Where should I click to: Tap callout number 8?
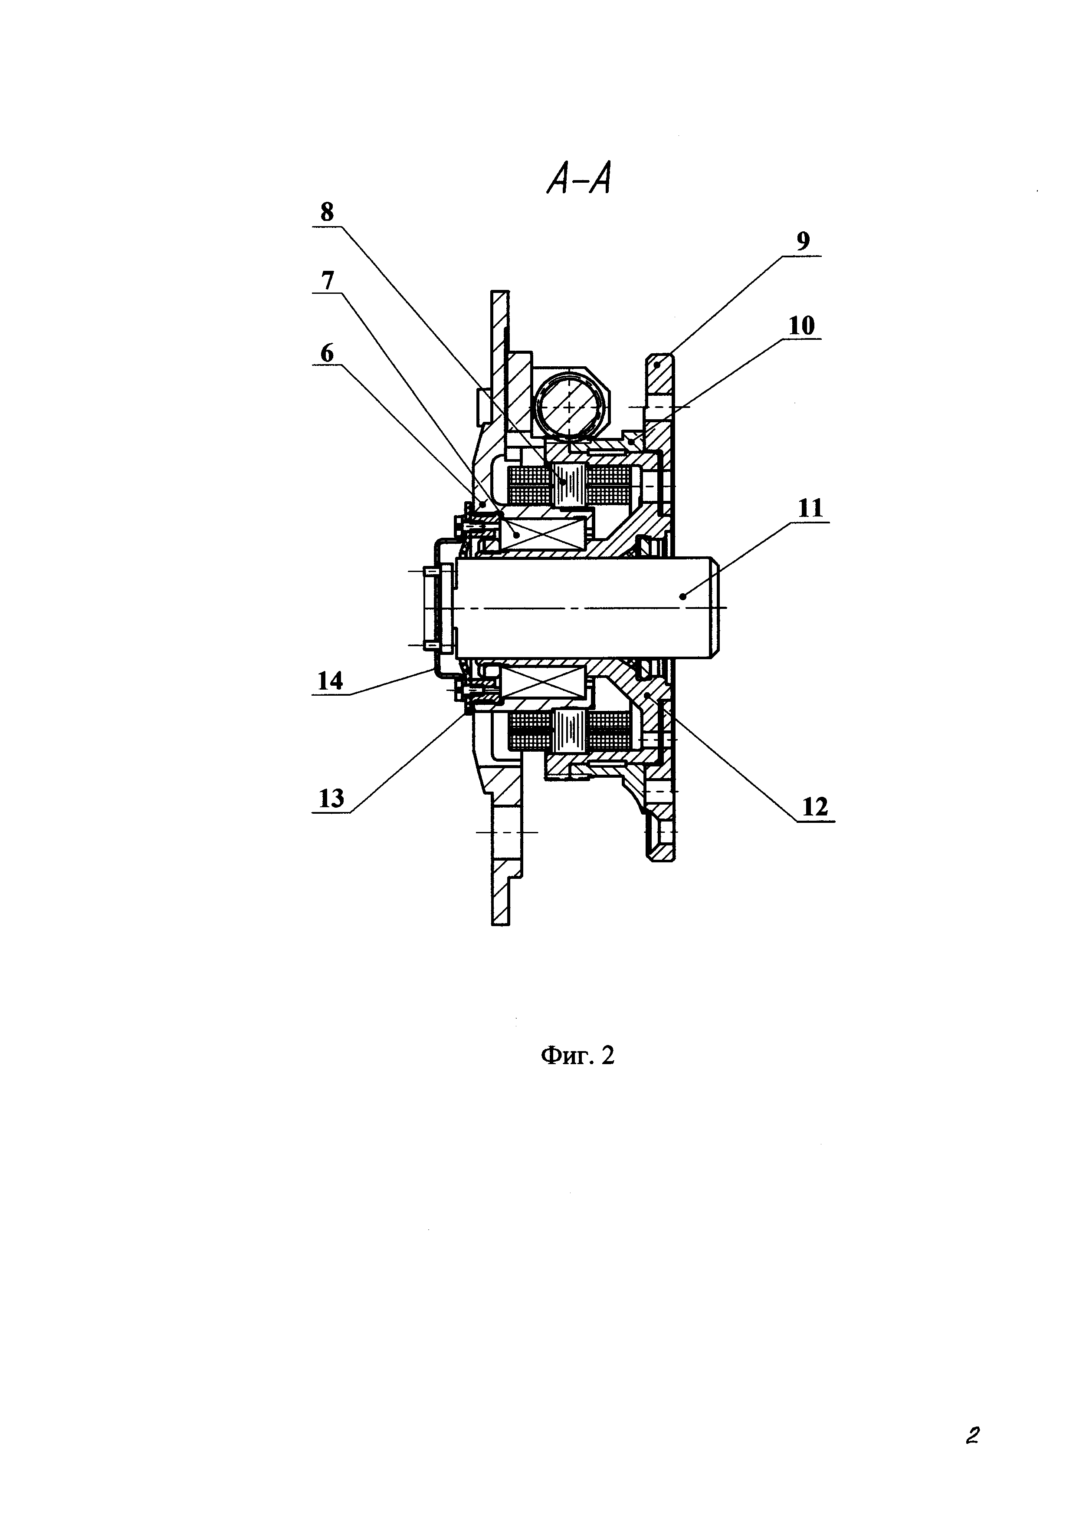click(x=327, y=212)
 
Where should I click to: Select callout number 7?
click(x=327, y=281)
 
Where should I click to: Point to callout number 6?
click(x=327, y=353)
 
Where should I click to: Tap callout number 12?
click(x=815, y=807)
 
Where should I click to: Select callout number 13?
click(x=331, y=798)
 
